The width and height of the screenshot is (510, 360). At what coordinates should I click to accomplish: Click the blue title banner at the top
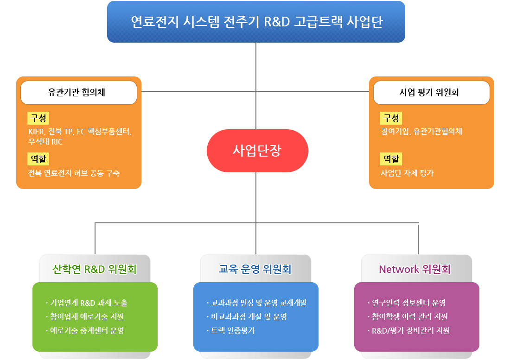[256, 22]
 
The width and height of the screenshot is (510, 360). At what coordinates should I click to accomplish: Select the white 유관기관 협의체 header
[79, 92]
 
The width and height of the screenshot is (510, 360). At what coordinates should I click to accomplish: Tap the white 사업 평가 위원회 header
[431, 92]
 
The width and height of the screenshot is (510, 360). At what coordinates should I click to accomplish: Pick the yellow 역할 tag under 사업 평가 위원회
[391, 159]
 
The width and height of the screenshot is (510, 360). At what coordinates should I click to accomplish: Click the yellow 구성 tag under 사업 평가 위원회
[391, 118]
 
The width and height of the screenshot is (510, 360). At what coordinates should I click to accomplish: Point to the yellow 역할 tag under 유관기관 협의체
[38, 159]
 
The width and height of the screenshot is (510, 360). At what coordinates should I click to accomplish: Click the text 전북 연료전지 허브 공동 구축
[74, 173]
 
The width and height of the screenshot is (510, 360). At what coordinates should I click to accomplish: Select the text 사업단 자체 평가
[407, 173]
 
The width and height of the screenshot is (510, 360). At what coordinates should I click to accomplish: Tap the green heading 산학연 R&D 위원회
[95, 269]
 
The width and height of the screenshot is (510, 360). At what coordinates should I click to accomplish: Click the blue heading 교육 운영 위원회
[255, 269]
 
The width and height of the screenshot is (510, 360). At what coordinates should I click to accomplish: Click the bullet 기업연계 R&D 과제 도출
[88, 303]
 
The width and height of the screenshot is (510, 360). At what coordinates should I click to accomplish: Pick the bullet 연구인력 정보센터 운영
[408, 303]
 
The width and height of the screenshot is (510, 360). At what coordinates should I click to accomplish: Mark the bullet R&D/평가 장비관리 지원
[410, 331]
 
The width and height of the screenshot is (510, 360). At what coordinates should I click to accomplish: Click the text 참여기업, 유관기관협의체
[421, 132]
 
